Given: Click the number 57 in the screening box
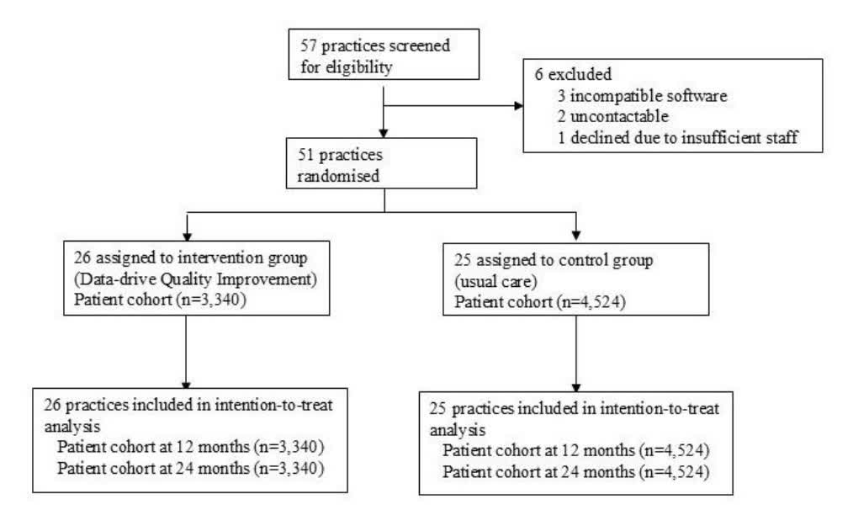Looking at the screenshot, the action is point(308,45).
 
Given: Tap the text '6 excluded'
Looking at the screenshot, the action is point(574,74).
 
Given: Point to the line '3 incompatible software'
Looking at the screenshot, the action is point(643,96).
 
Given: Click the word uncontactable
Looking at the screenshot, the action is point(619,116).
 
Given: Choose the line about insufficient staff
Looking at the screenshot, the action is point(678,137).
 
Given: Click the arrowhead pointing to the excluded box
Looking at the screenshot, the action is point(518,105).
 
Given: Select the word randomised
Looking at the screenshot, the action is point(338,176).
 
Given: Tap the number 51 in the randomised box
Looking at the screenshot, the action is point(305,155).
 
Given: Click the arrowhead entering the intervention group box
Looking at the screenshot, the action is point(187,236).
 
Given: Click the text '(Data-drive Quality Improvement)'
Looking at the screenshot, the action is point(196,279).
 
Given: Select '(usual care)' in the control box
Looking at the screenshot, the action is point(495,281).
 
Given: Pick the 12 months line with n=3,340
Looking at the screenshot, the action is point(190,447).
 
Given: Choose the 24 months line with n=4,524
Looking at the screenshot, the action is point(576,472).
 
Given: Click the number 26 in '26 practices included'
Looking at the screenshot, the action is point(52,405).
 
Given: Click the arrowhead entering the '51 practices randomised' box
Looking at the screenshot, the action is point(384,133).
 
